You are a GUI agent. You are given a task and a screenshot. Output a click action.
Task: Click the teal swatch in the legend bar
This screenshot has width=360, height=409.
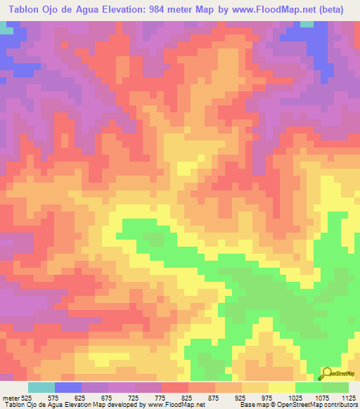point(41,388)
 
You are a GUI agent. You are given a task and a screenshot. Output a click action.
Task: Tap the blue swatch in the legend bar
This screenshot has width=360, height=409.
point(68,388)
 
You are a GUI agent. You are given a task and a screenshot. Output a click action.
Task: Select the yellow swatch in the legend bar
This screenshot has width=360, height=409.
point(282,388)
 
